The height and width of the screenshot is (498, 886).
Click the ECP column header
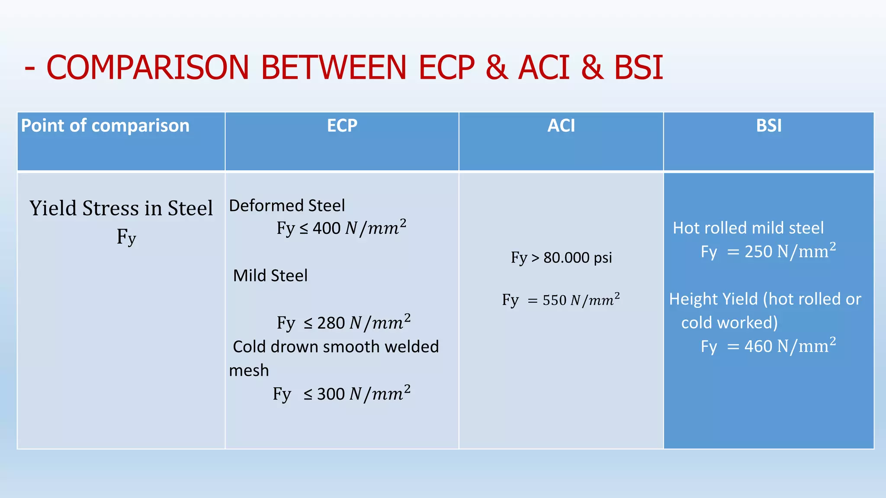[x=342, y=126]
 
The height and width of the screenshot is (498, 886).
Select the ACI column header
[x=561, y=126]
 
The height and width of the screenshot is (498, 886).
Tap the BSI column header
[x=769, y=126]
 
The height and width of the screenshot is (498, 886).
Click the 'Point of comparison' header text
[x=105, y=126]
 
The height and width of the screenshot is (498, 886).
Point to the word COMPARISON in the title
[x=148, y=68]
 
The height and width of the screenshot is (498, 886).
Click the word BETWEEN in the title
[x=334, y=68]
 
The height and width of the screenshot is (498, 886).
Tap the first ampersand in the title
[x=496, y=68]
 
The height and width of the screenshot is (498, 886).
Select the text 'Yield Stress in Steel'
[x=121, y=208]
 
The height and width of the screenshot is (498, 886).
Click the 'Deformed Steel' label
[x=287, y=206]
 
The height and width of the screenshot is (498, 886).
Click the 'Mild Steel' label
[x=270, y=276]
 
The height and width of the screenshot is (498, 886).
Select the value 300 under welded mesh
[x=331, y=394]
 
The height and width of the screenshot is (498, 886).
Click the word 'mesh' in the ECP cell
[x=249, y=371]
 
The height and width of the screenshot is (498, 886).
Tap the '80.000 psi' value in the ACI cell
[x=578, y=258]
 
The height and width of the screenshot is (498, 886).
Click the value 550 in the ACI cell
[x=554, y=300]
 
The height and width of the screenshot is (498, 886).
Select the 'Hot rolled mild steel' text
[x=748, y=228]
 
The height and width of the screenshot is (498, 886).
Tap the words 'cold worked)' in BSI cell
[x=729, y=323]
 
